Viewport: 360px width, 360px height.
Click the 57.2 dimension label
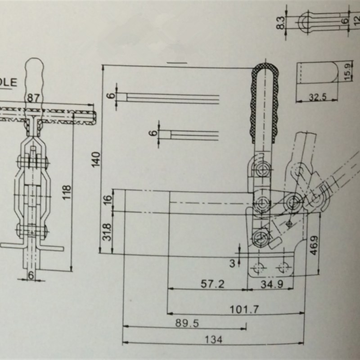click(x=211, y=284)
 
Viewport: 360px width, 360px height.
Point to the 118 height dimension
click(x=67, y=193)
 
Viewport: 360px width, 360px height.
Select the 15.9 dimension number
click(x=347, y=72)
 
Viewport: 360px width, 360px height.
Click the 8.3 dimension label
click(x=281, y=22)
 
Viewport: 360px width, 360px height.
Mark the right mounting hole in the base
click(x=283, y=268)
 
